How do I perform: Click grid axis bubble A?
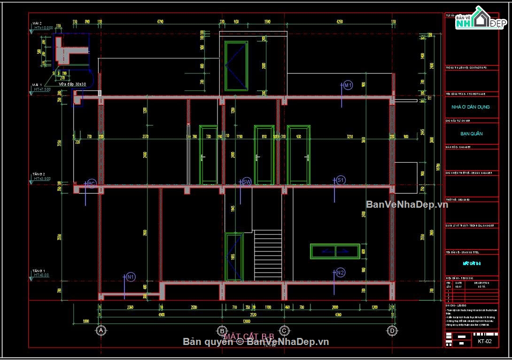pos(100,330)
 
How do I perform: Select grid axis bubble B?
pos(223,330)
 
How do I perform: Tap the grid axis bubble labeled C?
pos(284,330)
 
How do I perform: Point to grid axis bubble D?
pos(391,330)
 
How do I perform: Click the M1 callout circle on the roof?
pos(348,85)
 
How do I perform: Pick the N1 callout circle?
pos(131,277)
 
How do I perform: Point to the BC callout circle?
pos(92,184)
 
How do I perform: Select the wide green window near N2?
pos(335,251)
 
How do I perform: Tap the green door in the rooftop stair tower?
pos(236,66)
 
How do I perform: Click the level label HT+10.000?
pos(44,28)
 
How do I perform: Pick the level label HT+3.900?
pos(42,179)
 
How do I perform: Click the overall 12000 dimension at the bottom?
pos(246,321)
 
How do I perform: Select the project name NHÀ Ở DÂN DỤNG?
pos(471,107)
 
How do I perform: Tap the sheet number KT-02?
pos(484,341)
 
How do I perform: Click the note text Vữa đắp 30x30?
pos(72,84)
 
